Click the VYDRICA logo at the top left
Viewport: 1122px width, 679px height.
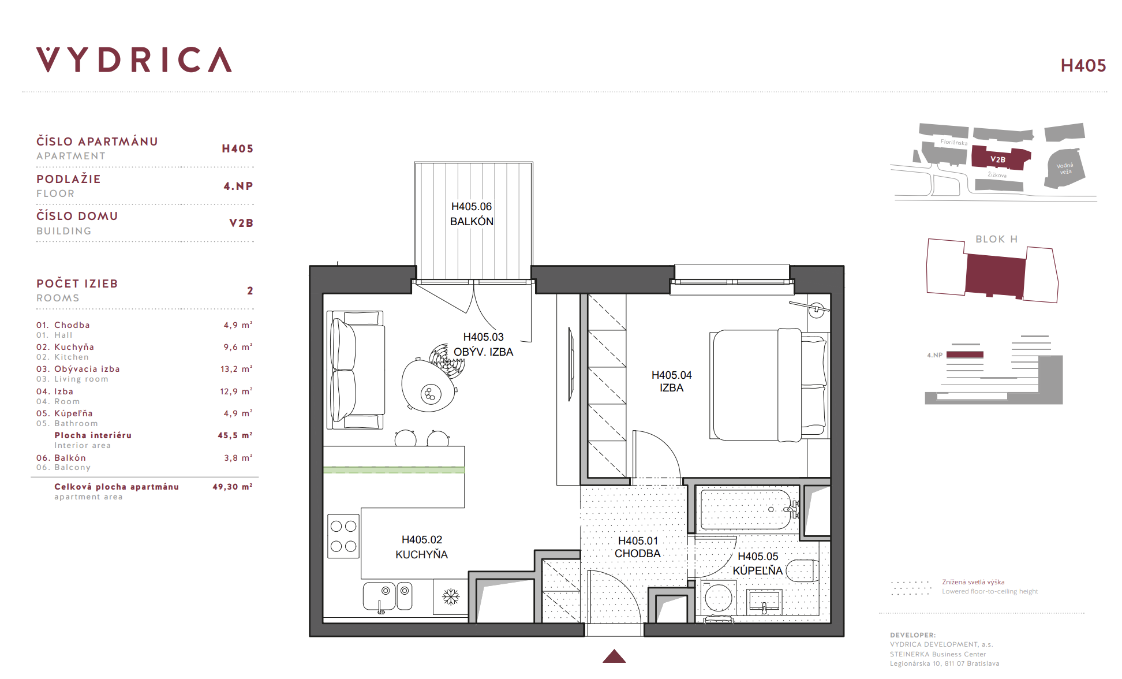point(134,59)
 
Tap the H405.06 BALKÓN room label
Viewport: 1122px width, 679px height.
point(472,214)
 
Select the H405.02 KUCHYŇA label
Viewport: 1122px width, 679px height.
point(422,547)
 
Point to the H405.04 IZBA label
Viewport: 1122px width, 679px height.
point(671,381)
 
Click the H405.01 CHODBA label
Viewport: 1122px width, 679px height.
point(638,547)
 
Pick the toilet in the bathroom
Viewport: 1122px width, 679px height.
point(803,570)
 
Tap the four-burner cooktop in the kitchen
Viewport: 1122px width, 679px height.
point(343,536)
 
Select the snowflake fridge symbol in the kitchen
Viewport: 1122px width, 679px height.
point(451,596)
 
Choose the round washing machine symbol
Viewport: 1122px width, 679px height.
point(719,598)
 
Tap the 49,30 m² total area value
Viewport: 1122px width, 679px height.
point(233,487)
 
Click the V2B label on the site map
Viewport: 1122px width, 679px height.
point(998,159)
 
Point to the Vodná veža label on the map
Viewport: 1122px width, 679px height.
point(1065,169)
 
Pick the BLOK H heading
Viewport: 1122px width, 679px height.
point(997,239)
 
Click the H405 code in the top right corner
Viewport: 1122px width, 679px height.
point(1083,66)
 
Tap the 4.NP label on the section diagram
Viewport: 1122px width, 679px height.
point(934,355)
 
